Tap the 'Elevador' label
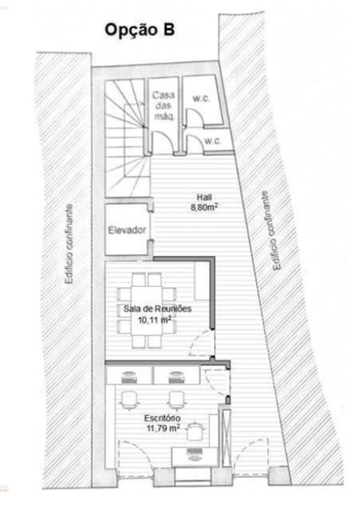[x=127, y=230]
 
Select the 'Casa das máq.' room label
[x=164, y=106]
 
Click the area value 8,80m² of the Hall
[x=204, y=208]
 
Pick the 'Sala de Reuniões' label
[x=158, y=309]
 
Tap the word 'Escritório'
[x=162, y=418]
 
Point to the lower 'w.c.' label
[x=212, y=142]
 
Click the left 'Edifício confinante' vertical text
[x=68, y=244]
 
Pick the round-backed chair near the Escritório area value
[x=195, y=431]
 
